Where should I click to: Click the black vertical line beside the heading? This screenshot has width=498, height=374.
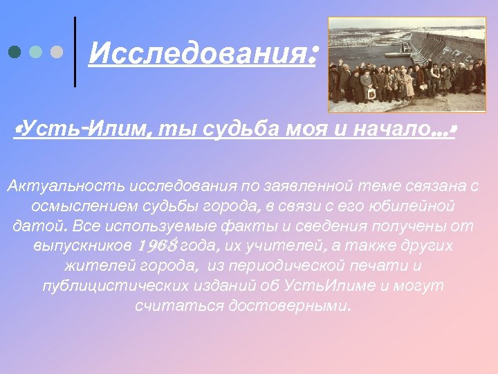(x=75, y=52)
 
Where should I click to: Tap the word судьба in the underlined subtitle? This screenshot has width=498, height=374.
(x=235, y=130)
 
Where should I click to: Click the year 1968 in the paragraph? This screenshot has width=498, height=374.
(x=158, y=246)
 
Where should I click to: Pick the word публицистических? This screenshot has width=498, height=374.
(x=115, y=286)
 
